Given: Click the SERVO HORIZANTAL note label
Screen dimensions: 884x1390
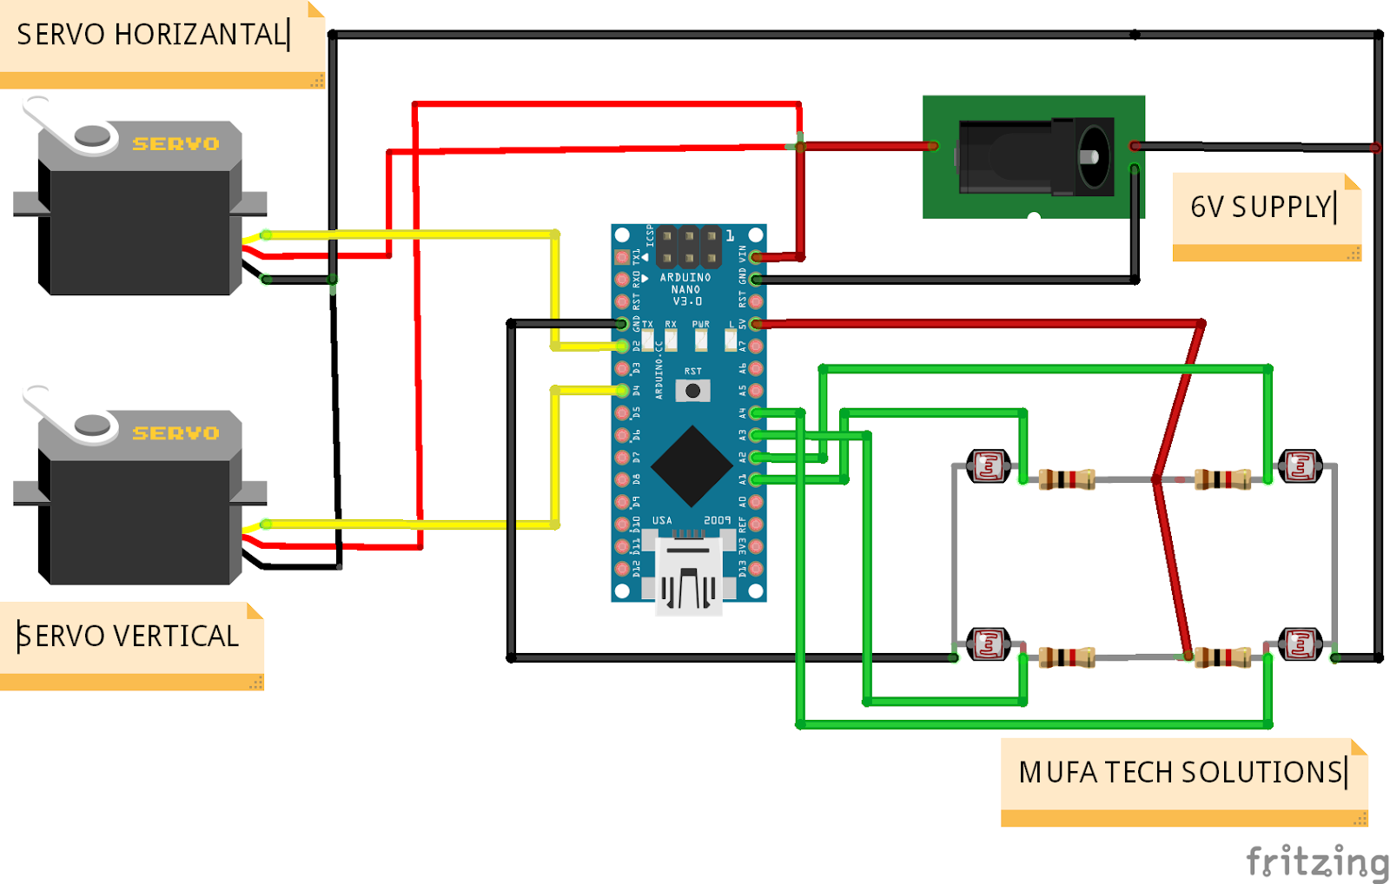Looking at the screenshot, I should click(152, 35).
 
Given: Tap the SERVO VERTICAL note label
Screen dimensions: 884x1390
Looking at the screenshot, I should click(128, 637).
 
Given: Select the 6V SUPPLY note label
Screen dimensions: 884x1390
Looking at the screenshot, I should click(1263, 207).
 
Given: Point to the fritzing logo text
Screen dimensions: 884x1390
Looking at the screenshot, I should click(1317, 861).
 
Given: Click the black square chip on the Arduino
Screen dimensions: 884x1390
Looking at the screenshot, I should click(692, 465).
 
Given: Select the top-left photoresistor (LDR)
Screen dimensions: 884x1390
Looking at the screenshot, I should click(989, 466).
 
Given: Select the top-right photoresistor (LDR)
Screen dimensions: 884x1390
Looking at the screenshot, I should click(1300, 466).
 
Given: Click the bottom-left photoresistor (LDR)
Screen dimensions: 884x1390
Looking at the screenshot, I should click(989, 644).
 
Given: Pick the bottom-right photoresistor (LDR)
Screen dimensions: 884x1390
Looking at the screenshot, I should click(1300, 644).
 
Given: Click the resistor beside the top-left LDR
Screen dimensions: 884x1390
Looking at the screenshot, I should click(1066, 478).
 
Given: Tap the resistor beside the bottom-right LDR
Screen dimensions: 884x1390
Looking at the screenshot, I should click(1222, 657).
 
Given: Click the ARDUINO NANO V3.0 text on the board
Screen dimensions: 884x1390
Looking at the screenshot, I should click(685, 289).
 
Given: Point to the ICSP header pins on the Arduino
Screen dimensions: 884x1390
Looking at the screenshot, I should click(688, 247).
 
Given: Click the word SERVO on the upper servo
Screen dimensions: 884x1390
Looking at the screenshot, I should click(175, 144).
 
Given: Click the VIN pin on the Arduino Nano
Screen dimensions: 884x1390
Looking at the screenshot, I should click(756, 257).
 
